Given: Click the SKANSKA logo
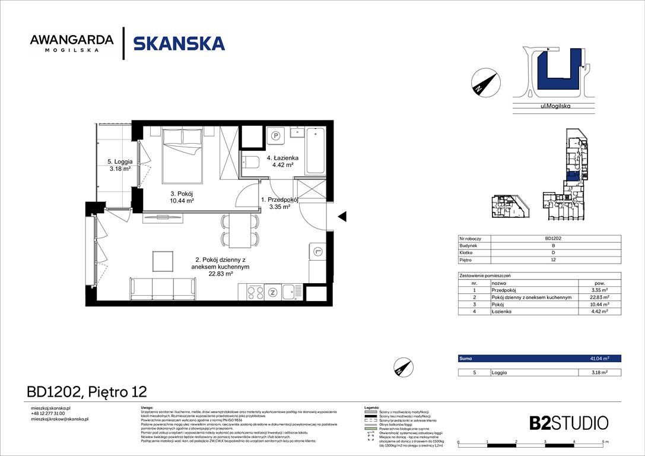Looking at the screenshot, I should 179,43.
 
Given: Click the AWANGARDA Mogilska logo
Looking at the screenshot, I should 72,43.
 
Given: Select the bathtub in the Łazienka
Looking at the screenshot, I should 314,153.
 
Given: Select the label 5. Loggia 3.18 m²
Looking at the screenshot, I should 120,164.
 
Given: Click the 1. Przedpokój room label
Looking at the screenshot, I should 278,204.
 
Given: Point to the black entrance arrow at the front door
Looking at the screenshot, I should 342,218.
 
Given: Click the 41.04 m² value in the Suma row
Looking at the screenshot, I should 599,359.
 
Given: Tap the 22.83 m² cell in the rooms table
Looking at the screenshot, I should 599,297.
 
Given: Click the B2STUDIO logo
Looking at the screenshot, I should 568,423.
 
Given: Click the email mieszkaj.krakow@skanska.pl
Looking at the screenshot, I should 59,419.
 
